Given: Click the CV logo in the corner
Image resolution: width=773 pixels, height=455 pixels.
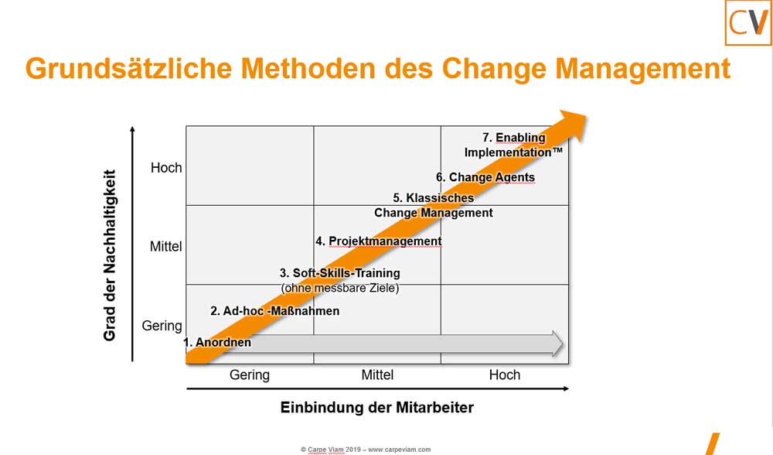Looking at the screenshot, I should pyautogui.click(x=747, y=24).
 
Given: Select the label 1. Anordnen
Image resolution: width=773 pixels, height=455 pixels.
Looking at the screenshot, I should pyautogui.click(x=217, y=342).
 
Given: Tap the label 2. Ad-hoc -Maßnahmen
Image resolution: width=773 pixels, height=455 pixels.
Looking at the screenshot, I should pyautogui.click(x=274, y=311).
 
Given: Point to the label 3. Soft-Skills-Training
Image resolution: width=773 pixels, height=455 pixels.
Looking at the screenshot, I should pyautogui.click(x=339, y=273).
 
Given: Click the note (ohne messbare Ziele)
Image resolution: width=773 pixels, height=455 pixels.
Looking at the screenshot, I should pyautogui.click(x=339, y=289).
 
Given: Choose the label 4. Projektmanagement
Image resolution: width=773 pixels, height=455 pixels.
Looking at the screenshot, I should pyautogui.click(x=379, y=241).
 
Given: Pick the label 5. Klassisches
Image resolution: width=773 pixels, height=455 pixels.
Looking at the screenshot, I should pyautogui.click(x=433, y=198).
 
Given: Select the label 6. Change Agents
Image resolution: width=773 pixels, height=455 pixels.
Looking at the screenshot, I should pyautogui.click(x=485, y=177).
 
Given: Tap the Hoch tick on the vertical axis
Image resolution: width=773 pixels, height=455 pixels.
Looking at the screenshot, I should pyautogui.click(x=166, y=167).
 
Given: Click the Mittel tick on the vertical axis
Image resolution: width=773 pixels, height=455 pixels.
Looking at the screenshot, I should pyautogui.click(x=165, y=247).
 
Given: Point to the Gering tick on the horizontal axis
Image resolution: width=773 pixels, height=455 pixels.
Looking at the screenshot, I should pyautogui.click(x=250, y=375).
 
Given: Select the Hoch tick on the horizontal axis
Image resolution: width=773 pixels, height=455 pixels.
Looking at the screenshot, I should pyautogui.click(x=505, y=375).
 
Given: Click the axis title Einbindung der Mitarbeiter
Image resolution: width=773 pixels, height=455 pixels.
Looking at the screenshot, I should pyautogui.click(x=377, y=408).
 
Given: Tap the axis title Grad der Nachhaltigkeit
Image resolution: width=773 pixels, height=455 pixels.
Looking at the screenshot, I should pyautogui.click(x=110, y=255).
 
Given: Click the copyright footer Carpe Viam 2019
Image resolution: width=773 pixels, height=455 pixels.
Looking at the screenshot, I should pyautogui.click(x=366, y=449).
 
